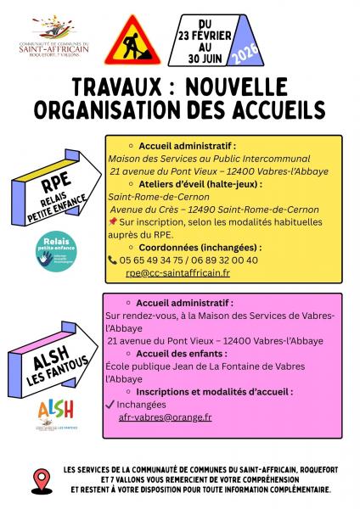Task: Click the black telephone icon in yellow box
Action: [113, 260]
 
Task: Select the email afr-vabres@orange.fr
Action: [166, 417]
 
